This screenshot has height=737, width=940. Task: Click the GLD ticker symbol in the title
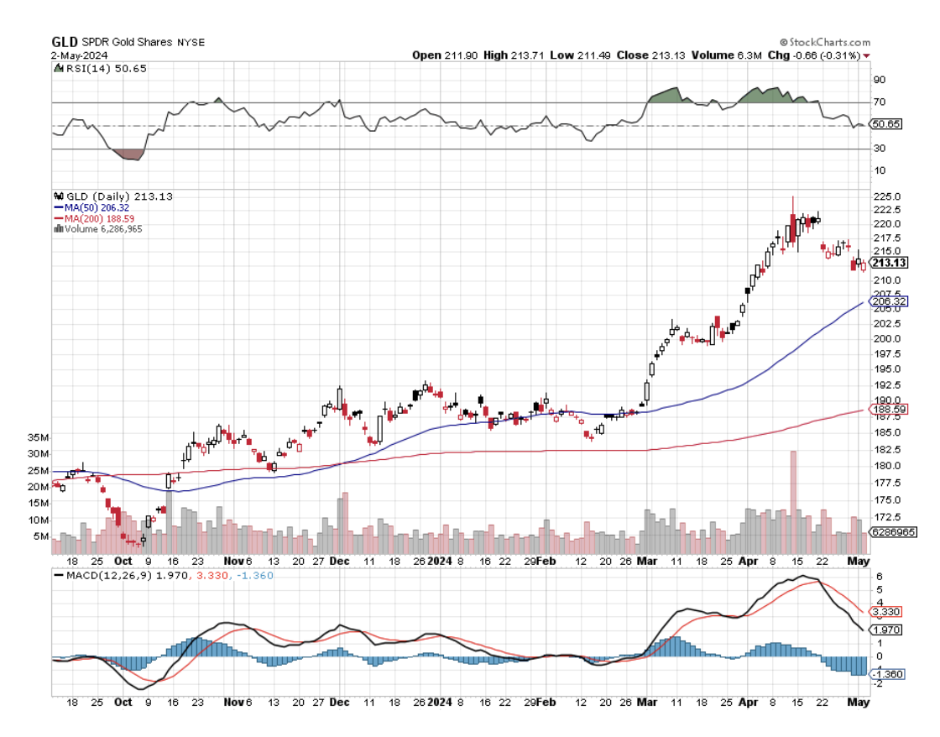click(65, 41)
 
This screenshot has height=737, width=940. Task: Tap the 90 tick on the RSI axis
click(880, 81)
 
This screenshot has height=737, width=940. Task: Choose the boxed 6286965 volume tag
click(893, 532)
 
